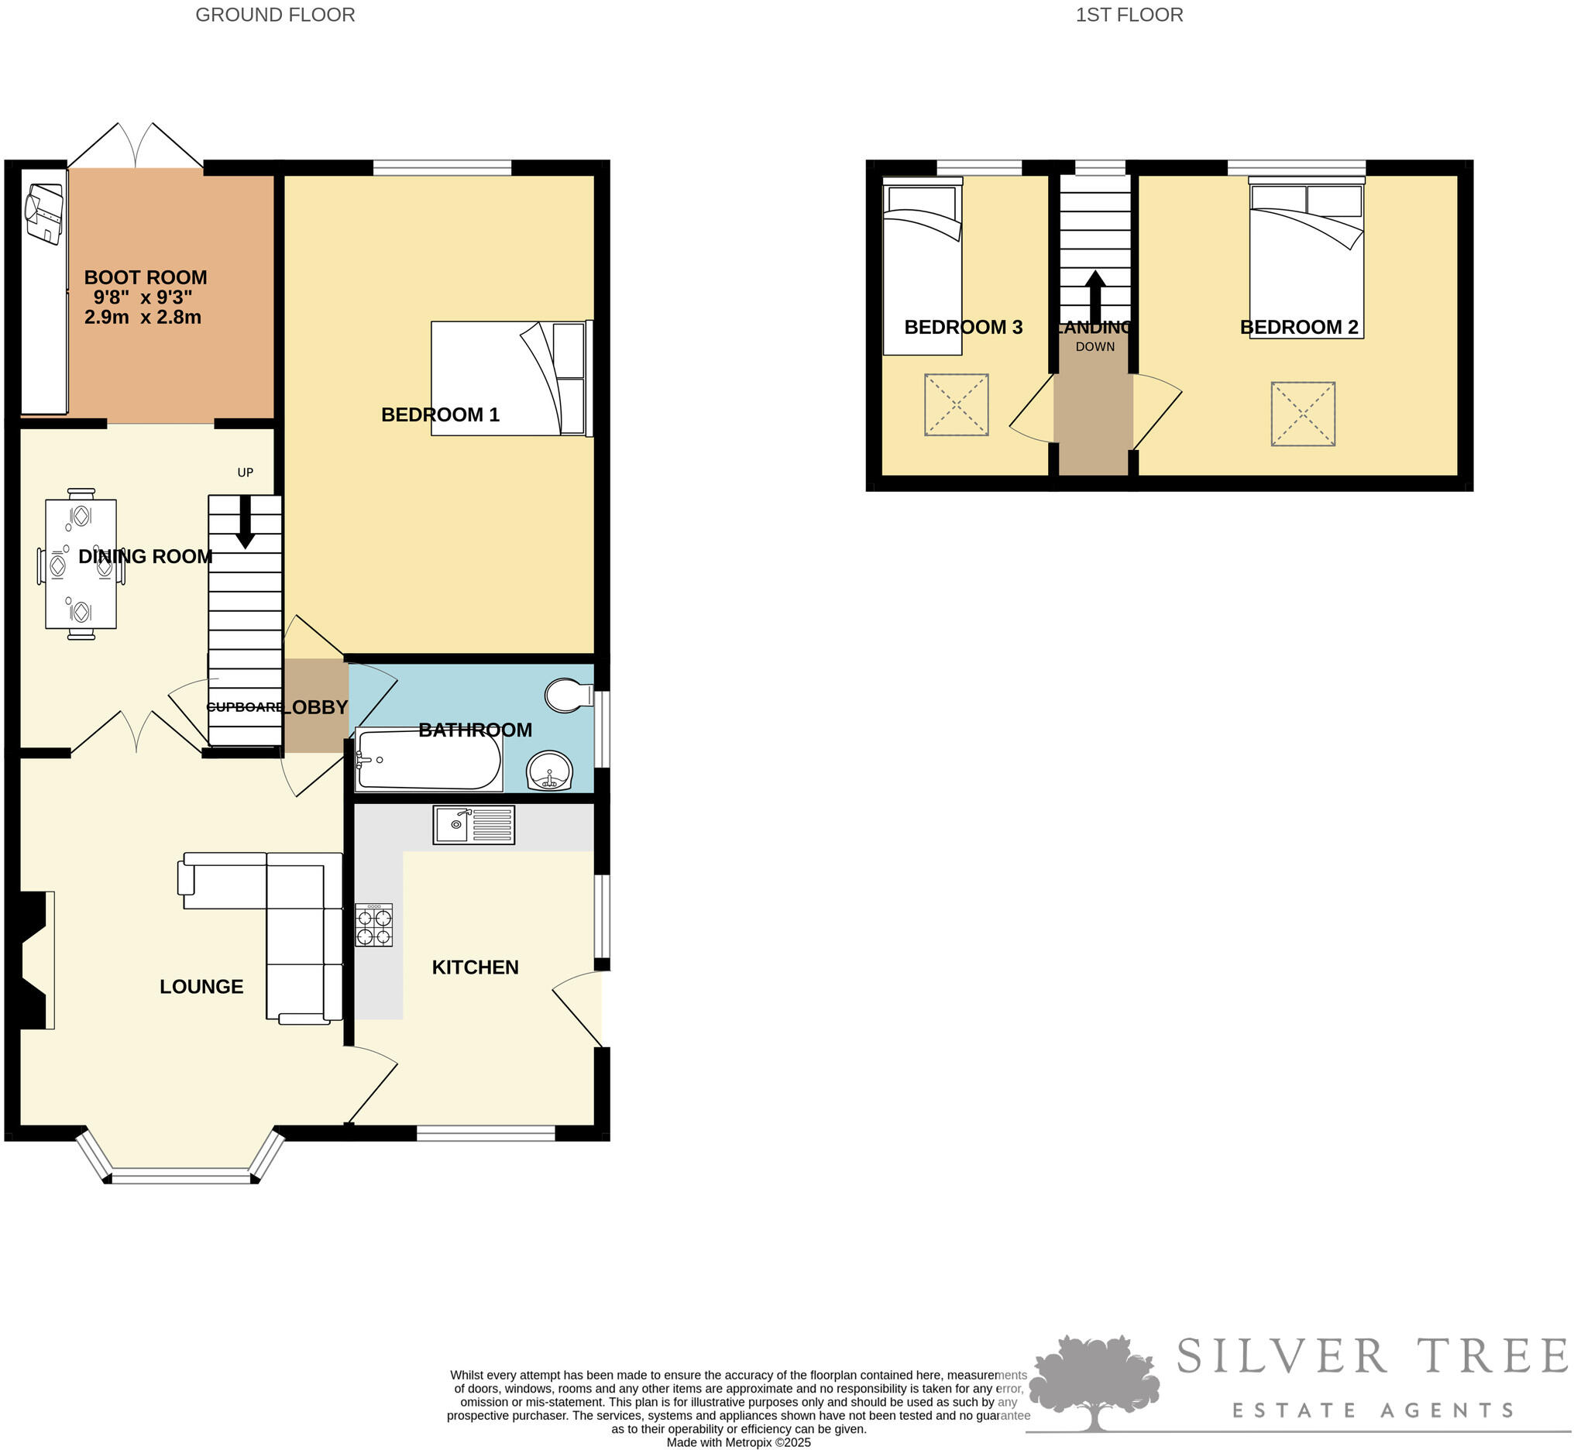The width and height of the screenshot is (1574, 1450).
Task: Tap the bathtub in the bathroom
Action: [428, 760]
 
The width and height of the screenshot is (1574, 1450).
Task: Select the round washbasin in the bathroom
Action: [549, 771]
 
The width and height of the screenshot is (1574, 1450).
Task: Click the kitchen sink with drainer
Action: [473, 825]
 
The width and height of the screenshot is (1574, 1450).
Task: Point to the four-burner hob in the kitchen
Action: [373, 925]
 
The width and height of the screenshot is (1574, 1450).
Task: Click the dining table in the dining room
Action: [81, 564]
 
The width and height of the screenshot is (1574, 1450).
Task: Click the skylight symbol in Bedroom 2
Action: [1303, 414]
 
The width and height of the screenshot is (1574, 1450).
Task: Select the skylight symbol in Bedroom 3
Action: [956, 404]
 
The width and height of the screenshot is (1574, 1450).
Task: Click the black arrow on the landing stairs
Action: [1095, 297]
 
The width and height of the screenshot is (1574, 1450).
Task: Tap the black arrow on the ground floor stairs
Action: [245, 521]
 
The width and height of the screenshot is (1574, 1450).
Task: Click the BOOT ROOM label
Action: [145, 277]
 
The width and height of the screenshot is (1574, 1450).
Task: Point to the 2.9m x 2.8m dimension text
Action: [143, 317]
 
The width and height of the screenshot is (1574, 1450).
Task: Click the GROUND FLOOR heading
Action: [275, 14]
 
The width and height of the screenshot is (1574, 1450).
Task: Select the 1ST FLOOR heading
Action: [1129, 14]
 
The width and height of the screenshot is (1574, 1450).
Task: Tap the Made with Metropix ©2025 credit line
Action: [738, 1442]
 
